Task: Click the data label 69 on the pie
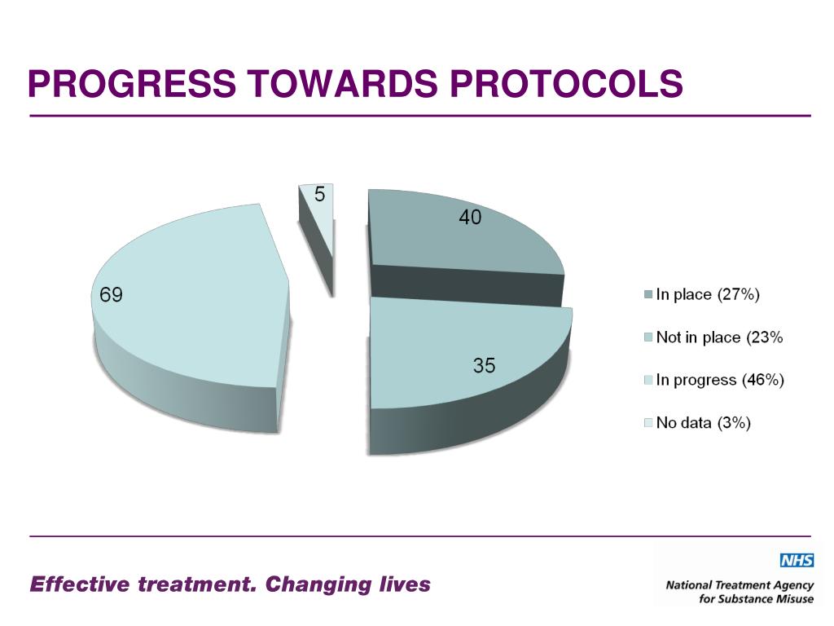[x=111, y=294]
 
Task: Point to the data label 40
[x=470, y=218]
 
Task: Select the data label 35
[x=485, y=366]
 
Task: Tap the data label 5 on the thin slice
[x=320, y=194]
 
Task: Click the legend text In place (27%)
[x=708, y=295]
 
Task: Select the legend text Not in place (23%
[x=719, y=337]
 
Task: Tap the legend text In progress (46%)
[x=720, y=380]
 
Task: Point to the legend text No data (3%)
[x=703, y=422]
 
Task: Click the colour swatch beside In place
[x=648, y=295]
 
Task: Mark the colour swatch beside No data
[x=648, y=422]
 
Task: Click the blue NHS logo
[x=796, y=560]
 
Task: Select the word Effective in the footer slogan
[x=80, y=584]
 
